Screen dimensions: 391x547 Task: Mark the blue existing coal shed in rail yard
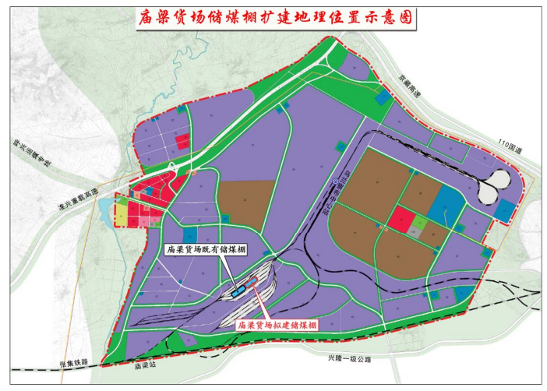pyautogui.click(x=235, y=294)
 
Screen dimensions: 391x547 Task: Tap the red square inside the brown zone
pyautogui.click(x=401, y=219)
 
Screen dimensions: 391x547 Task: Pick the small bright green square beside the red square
pyautogui.click(x=421, y=223)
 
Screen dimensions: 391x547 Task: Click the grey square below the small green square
pyautogui.click(x=418, y=233)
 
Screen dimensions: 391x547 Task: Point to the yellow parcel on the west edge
pyautogui.click(x=122, y=212)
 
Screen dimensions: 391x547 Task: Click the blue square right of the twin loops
pyautogui.click(x=505, y=209)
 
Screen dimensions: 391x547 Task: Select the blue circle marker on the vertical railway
pyautogui.click(x=336, y=181)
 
